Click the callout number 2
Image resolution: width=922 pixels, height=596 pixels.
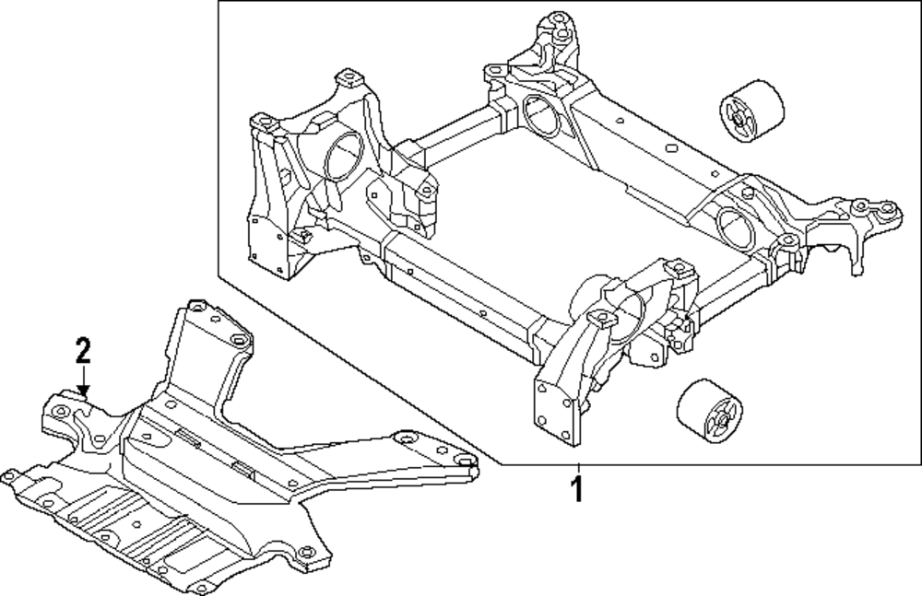coord(83,350)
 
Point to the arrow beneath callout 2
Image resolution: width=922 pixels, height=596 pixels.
coord(84,381)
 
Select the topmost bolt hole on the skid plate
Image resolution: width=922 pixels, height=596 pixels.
coord(195,307)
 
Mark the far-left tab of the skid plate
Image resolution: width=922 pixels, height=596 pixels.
coord(13,478)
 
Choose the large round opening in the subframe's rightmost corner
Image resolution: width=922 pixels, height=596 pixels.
coord(732,225)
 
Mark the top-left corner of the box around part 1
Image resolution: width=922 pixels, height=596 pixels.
coord(219,3)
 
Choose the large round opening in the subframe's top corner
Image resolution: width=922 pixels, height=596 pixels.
coord(537,110)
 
